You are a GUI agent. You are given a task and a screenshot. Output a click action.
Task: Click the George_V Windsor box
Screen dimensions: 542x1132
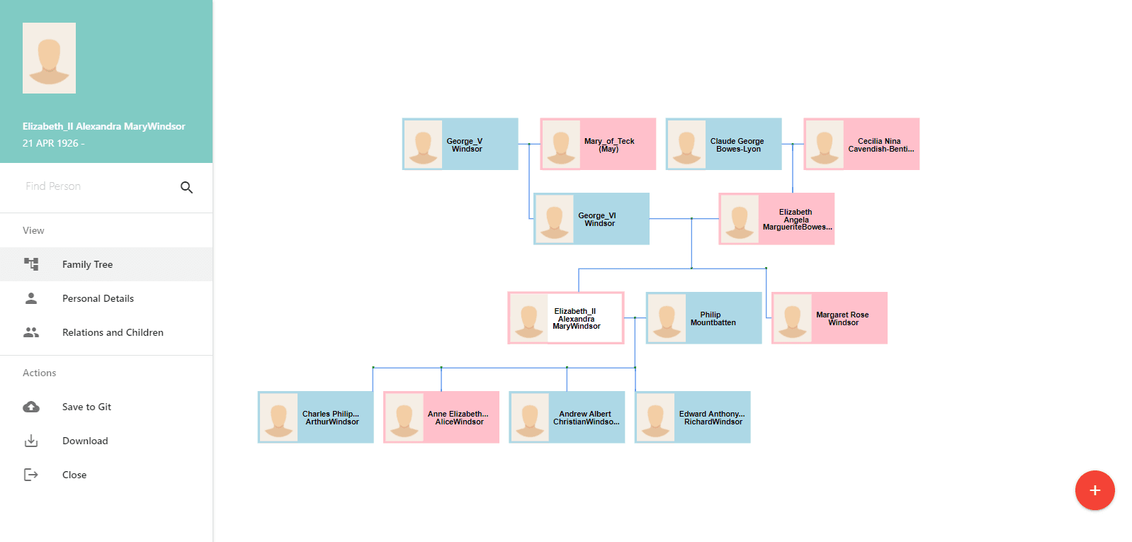click(460, 145)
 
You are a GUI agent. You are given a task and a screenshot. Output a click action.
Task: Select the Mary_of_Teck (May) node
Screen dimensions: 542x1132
click(598, 145)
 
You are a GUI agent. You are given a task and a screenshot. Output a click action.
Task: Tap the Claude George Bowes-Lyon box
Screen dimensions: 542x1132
click(723, 145)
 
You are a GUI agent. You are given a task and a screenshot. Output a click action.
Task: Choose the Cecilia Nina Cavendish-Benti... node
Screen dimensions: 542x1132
click(861, 145)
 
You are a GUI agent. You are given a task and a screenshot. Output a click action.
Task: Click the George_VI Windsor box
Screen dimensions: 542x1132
click(592, 219)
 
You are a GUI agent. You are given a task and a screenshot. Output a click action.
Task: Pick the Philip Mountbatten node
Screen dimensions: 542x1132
click(703, 318)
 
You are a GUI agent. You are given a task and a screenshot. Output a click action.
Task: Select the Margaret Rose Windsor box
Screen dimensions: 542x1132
click(830, 318)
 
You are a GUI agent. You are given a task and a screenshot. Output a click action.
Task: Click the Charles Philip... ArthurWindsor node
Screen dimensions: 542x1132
click(316, 417)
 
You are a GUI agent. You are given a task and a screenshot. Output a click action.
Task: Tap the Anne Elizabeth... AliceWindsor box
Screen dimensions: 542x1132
click(441, 417)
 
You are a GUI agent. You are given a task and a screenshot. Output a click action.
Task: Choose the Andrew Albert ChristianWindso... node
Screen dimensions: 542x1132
click(567, 417)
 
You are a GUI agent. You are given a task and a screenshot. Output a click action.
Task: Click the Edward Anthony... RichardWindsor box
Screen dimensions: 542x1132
click(693, 417)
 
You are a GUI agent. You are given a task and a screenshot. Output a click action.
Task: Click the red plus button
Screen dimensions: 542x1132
click(1094, 490)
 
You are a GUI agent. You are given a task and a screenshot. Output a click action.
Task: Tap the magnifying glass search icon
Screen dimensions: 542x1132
click(186, 187)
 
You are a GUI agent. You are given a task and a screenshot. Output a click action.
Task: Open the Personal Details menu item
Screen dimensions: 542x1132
click(98, 298)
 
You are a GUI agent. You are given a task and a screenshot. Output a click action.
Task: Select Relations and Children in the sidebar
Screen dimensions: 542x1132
click(113, 332)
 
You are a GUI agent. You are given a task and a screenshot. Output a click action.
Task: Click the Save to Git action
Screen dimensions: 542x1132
click(86, 407)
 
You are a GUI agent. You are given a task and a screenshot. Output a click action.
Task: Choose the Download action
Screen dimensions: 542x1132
click(85, 441)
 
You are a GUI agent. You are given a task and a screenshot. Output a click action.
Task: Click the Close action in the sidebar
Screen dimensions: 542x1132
click(74, 475)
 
